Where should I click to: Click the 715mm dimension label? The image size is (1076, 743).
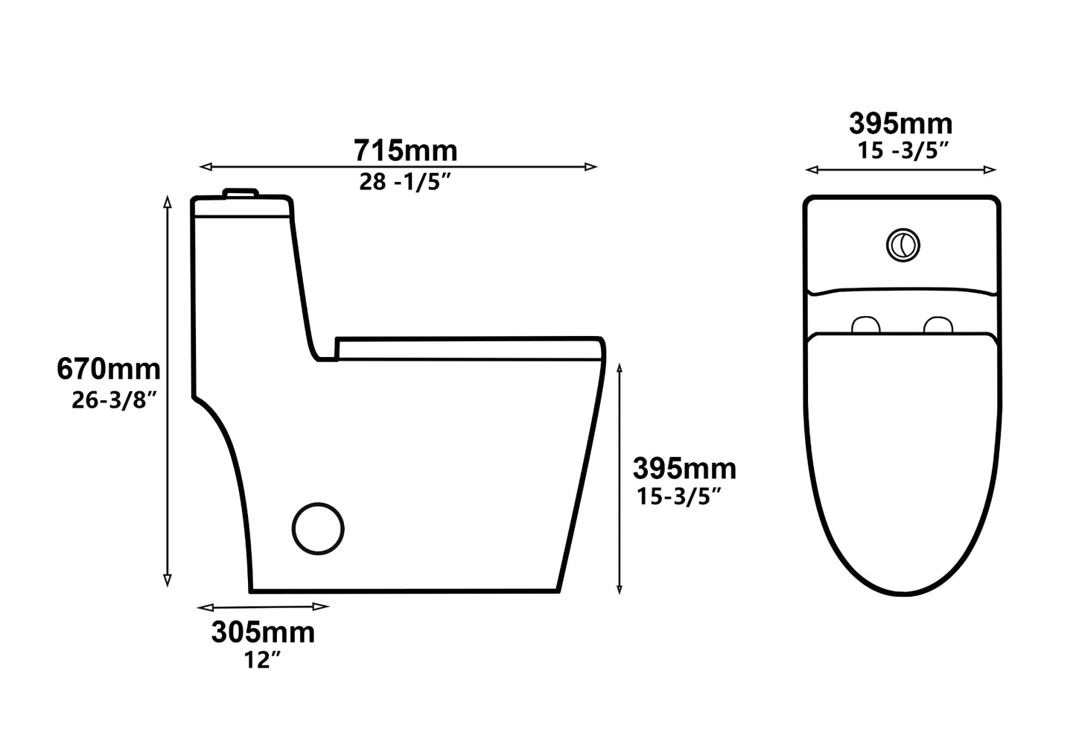click(x=405, y=151)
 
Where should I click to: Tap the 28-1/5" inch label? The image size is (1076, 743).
click(x=405, y=183)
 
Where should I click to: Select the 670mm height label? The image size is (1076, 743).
click(x=109, y=369)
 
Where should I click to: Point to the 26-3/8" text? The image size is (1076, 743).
click(x=114, y=400)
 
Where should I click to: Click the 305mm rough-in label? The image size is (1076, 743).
click(x=263, y=633)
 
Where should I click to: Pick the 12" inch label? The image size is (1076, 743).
click(x=262, y=660)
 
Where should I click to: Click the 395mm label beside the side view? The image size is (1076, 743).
click(x=684, y=469)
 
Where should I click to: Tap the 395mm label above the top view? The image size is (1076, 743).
click(x=900, y=124)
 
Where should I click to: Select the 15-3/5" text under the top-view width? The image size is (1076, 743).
click(x=902, y=151)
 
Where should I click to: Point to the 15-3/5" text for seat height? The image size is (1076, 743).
click(x=680, y=496)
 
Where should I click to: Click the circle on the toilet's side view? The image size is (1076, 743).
click(x=318, y=528)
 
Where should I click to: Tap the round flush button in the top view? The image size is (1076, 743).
click(x=902, y=245)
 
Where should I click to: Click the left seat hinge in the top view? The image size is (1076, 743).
click(x=865, y=325)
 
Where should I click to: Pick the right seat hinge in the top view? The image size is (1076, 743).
click(x=938, y=325)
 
